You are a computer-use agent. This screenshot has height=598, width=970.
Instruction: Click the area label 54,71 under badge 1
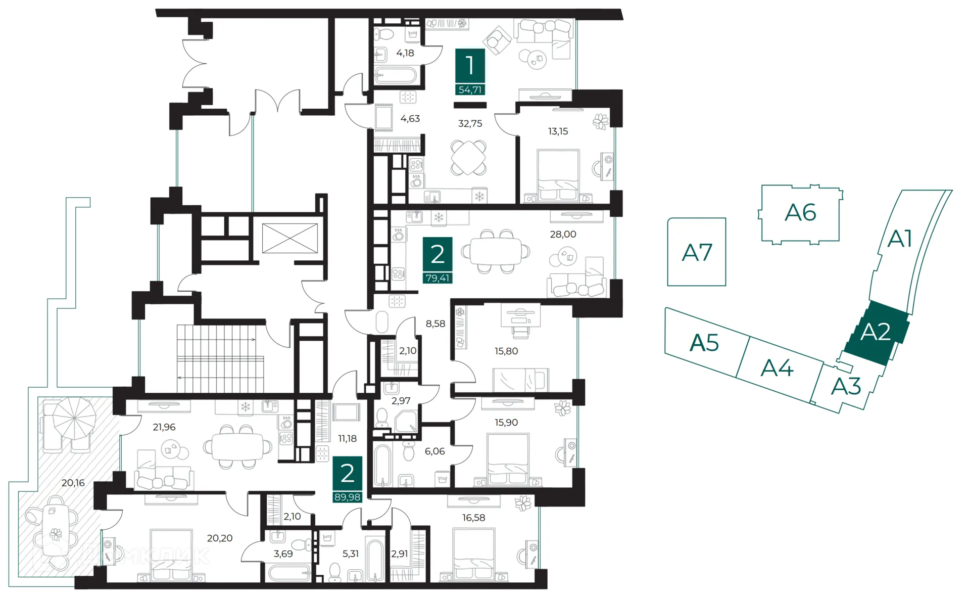(x=470, y=90)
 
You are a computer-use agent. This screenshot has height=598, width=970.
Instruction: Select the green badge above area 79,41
(x=438, y=254)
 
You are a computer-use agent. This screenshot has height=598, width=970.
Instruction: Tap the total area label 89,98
(x=348, y=497)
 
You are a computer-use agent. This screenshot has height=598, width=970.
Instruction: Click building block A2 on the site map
(x=876, y=332)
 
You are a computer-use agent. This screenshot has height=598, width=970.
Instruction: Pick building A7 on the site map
(x=697, y=252)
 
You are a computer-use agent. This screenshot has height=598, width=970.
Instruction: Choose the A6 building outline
(x=800, y=213)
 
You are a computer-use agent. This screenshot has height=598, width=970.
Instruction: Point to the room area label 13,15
(x=558, y=131)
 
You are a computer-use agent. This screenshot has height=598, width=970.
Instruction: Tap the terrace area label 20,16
(x=73, y=483)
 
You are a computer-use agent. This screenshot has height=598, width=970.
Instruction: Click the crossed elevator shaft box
(x=290, y=238)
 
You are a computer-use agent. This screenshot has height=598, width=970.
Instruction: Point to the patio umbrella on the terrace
(x=74, y=418)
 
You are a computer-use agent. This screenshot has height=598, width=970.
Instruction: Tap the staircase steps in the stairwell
(x=220, y=359)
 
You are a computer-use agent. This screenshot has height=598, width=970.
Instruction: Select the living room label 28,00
(x=563, y=235)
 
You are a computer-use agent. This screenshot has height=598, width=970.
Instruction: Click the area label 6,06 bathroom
(x=434, y=451)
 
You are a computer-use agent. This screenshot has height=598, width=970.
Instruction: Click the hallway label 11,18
(x=348, y=439)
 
